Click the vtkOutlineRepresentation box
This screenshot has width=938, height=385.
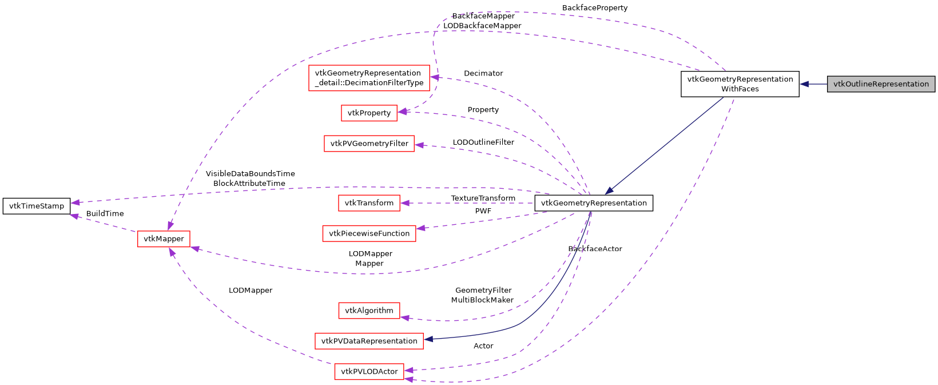coord(881,84)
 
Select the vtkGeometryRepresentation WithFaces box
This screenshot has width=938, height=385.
coord(740,84)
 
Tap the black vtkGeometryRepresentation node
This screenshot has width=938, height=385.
coord(593,203)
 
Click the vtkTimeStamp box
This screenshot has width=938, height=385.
coord(37,206)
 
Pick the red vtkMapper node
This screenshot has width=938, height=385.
coord(164,239)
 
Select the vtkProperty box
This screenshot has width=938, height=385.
coord(369,113)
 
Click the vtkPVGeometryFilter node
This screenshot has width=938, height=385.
coord(369,144)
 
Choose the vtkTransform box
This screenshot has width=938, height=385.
coord(369,203)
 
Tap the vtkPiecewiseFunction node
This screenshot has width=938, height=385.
coord(369,233)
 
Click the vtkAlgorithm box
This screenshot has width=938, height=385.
coord(369,311)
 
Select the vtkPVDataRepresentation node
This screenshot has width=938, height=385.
coord(369,341)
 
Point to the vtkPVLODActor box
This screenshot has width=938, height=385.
coord(369,371)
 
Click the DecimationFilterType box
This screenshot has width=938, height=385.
coord(369,78)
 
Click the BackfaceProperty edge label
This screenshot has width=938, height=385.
coord(595,8)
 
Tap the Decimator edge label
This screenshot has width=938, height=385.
coord(483,73)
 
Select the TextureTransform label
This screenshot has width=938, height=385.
coord(483,198)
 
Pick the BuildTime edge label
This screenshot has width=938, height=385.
coord(105,213)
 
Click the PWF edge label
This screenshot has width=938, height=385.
coord(483,211)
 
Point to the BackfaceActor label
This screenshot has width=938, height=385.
coord(595,249)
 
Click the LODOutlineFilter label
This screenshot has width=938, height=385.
coord(483,142)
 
